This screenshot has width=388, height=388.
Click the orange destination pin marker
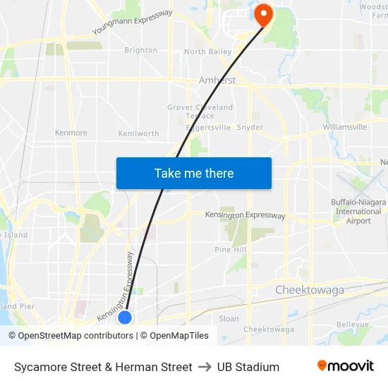pyautogui.click(x=264, y=13)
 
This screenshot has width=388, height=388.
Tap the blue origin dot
pyautogui.click(x=125, y=317)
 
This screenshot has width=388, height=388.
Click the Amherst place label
pyautogui.click(x=217, y=80)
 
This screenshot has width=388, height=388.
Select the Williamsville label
pyautogui.click(x=345, y=127)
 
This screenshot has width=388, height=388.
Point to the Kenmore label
pyautogui.click(x=71, y=133)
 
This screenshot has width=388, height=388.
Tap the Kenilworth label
pyautogui.click(x=139, y=133)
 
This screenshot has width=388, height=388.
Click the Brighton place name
pyautogui.click(x=140, y=50)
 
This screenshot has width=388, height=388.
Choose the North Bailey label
pyautogui.click(x=207, y=51)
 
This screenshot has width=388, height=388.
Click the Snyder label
pyautogui.click(x=250, y=128)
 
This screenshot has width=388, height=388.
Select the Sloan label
pyautogui.click(x=229, y=319)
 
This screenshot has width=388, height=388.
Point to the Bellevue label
pyautogui.click(x=353, y=325)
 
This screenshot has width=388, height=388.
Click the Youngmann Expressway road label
pyautogui.click(x=132, y=23)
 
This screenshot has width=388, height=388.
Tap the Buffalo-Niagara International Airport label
pyautogui.click(x=358, y=212)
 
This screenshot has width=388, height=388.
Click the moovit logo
pyautogui.click(x=345, y=366)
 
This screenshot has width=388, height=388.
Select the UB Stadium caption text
pyautogui.click(x=248, y=367)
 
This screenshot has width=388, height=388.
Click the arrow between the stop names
pyautogui.click(x=205, y=367)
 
